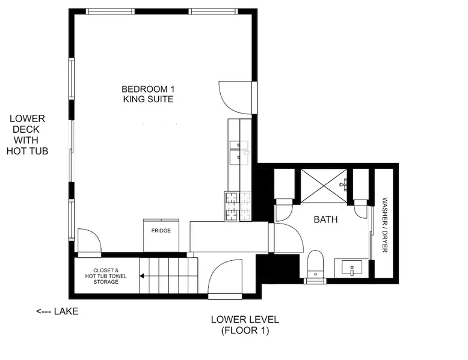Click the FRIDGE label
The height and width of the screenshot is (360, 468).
pos(161,231)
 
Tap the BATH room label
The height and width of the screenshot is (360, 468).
pos(325,219)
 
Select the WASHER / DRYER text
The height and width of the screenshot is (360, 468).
pos(385,225)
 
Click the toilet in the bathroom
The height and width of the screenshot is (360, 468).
pos(315,264)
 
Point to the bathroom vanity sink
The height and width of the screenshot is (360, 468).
pos(351,267)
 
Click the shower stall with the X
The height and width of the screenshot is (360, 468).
pos(324,186)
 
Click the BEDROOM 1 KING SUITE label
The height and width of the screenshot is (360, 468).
pos(149,94)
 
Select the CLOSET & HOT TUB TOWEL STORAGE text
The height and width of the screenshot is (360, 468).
pos(106,276)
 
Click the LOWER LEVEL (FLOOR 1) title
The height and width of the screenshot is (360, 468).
pos(245,325)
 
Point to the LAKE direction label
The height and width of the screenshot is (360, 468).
pos(57,311)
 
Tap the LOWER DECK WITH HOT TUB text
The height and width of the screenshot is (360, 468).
pos(27,135)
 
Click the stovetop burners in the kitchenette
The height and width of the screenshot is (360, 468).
pos(238,206)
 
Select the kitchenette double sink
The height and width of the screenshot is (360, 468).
pos(239,153)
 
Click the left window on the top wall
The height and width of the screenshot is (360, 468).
pos(110,11)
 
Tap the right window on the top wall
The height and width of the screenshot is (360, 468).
pos(213,11)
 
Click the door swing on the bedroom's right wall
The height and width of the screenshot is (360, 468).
pos(235,97)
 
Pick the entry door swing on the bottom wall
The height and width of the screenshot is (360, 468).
pos(225,279)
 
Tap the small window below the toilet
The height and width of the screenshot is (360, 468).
pos(315,281)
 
